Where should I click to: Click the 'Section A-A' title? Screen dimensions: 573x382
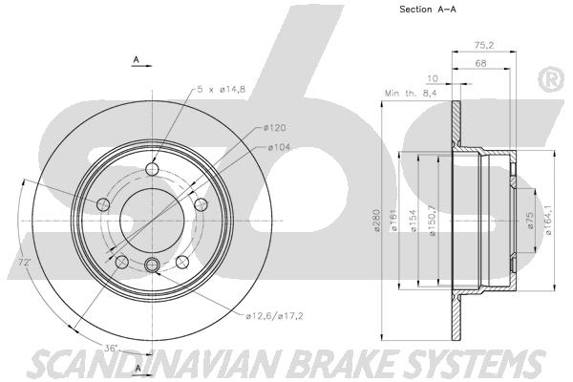428,10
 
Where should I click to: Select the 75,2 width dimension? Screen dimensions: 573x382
484,45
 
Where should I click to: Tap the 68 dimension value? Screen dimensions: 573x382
480,63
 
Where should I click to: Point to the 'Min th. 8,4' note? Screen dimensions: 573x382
411,94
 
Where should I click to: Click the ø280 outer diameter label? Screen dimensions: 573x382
378,221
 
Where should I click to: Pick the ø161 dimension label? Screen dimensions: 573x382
393,221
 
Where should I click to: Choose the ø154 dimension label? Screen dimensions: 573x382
414,221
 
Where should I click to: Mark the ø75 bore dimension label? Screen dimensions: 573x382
530,221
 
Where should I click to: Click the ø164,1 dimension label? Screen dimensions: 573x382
548,221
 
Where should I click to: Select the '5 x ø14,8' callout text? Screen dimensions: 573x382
222,89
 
